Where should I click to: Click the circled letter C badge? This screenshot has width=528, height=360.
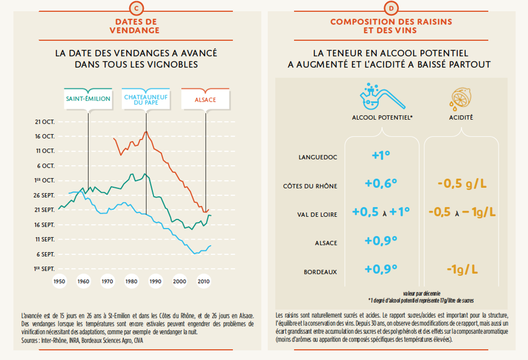136,8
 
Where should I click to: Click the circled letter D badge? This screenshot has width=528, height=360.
391,8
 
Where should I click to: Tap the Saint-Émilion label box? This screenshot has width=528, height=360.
88,99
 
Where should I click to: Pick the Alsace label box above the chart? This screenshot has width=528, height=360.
205,99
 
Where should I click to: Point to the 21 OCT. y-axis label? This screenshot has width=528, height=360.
45,122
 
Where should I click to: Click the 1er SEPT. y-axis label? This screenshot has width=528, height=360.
44,269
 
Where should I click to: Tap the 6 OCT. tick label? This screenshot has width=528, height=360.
46,166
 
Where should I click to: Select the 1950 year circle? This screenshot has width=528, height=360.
59,281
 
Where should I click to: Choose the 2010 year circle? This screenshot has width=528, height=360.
204,281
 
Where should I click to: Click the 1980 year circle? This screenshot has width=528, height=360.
131,281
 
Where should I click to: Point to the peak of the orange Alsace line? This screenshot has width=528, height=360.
147,132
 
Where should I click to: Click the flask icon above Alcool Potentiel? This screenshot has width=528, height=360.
382,96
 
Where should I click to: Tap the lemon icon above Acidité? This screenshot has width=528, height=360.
460,99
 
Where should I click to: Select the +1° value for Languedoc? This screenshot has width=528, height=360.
381,155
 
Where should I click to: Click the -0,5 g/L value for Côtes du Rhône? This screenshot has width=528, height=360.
462,184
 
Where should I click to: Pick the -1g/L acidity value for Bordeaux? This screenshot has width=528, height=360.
462,269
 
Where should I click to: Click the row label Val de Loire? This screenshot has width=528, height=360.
317,215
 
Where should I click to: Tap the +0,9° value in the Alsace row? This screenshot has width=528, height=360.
381,241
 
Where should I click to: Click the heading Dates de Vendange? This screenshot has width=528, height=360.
135,26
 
